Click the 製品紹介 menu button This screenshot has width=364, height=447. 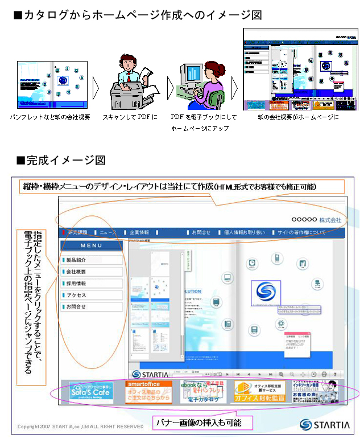tap(92, 260)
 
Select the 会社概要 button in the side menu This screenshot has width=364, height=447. tap(92, 272)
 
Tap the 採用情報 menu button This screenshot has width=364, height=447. tap(92, 284)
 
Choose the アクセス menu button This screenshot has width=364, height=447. tap(92, 295)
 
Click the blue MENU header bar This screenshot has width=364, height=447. tap(92, 245)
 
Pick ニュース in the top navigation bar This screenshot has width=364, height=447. tap(107, 232)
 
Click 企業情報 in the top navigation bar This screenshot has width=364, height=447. tap(139, 232)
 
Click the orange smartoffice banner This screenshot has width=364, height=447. tap(149, 392)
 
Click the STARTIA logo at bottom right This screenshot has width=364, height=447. tap(321, 424)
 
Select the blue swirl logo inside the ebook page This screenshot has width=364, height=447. tap(266, 292)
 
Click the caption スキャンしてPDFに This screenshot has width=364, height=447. tap(129, 117)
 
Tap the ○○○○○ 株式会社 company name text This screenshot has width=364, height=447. tap(316, 220)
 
